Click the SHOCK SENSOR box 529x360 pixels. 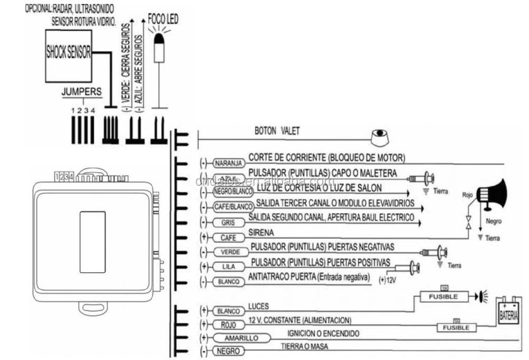click(68, 56)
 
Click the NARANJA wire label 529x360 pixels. click(229, 163)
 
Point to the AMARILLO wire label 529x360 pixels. click(241, 338)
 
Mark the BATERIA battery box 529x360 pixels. click(508, 315)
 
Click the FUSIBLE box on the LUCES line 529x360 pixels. click(443, 296)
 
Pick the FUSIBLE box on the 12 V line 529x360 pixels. click(456, 328)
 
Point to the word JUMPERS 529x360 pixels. click(82, 92)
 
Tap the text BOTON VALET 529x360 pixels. click(277, 131)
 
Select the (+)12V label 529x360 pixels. click(387, 279)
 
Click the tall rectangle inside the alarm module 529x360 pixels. click(93, 242)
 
